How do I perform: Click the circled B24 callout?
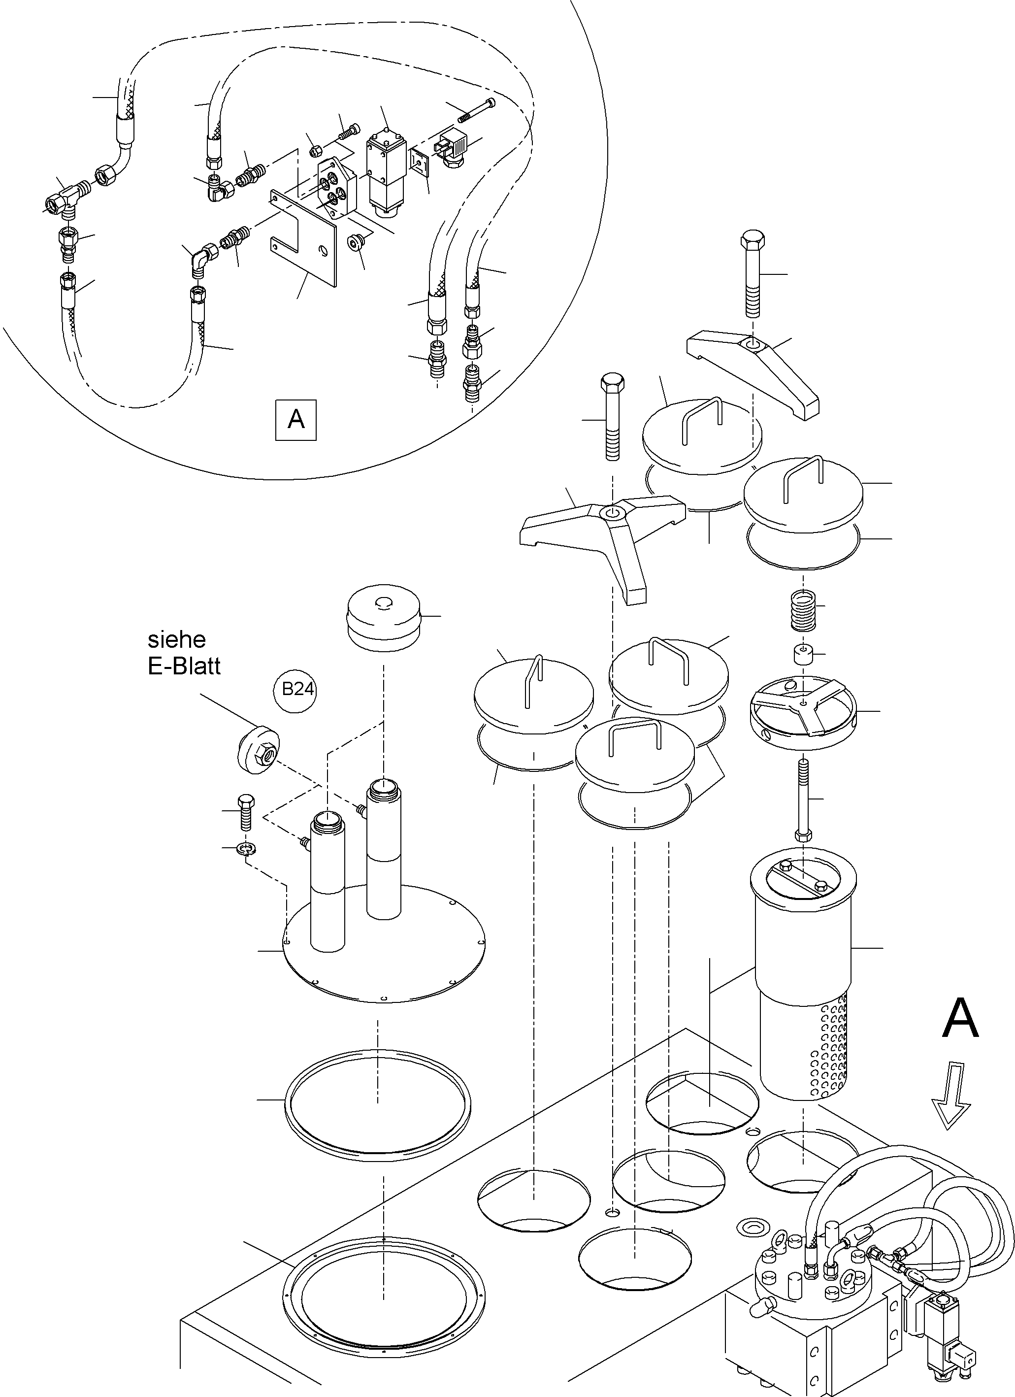[297, 689]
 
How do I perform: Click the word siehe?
[177, 640]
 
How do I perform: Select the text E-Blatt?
[184, 666]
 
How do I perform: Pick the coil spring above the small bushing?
[803, 610]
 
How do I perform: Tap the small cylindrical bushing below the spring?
[803, 654]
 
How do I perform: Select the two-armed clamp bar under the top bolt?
[754, 371]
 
